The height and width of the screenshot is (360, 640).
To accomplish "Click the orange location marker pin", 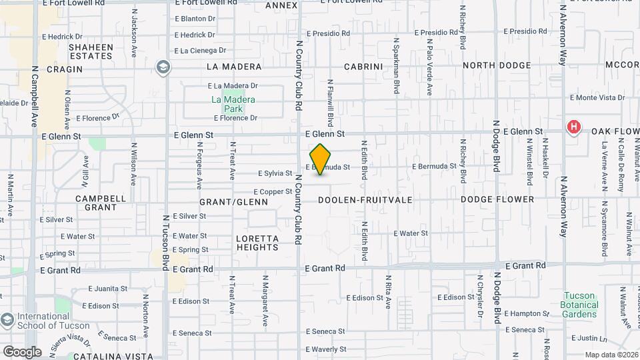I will (x=321, y=159).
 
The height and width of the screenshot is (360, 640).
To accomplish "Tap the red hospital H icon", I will (x=573, y=127).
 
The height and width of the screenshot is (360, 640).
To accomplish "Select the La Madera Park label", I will (x=233, y=104).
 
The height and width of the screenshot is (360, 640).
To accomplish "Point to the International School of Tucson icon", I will (x=7, y=320).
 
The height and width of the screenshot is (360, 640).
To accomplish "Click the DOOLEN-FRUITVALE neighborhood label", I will (x=365, y=199).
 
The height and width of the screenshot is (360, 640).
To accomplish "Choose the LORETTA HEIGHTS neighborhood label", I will (x=257, y=243).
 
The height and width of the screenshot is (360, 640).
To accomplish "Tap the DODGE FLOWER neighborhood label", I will (x=497, y=199).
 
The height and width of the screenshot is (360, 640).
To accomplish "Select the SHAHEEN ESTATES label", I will (x=91, y=51).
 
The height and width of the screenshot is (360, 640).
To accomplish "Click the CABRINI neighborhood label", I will (x=363, y=67).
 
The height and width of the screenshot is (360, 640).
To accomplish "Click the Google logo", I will (x=21, y=351).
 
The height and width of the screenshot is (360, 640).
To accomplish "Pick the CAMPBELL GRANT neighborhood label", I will (x=101, y=203).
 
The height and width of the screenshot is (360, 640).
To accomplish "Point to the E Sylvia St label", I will (x=275, y=173).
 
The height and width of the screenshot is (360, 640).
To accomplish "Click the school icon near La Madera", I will (x=163, y=67).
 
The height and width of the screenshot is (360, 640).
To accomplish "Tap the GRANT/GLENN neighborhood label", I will (x=234, y=201).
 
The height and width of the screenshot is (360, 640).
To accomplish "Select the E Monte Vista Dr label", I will (x=598, y=97).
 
